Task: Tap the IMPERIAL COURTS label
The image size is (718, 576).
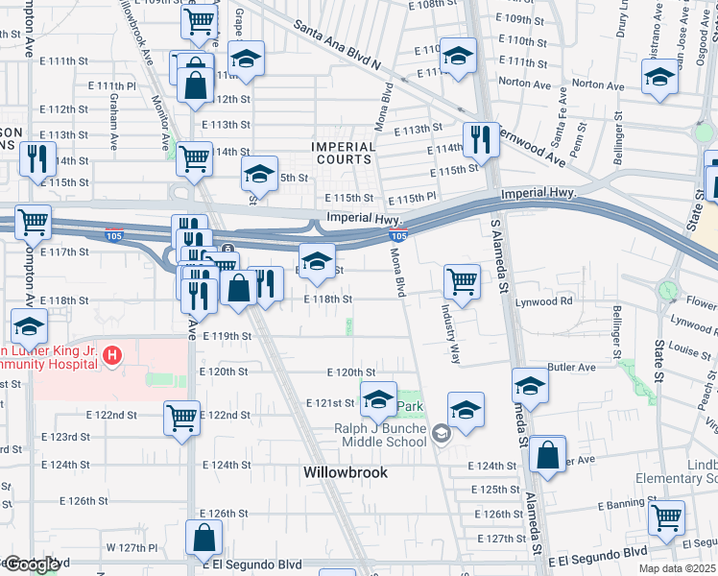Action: (343, 154)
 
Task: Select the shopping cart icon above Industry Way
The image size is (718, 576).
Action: (462, 281)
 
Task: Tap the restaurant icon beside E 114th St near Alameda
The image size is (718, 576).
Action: (478, 139)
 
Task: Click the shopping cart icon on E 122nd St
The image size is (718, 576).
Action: (181, 418)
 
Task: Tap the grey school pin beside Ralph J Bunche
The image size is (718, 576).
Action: (440, 434)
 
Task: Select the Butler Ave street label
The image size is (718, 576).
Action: (571, 367)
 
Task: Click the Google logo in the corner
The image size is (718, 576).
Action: (33, 564)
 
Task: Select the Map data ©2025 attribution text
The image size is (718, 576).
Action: (676, 568)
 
